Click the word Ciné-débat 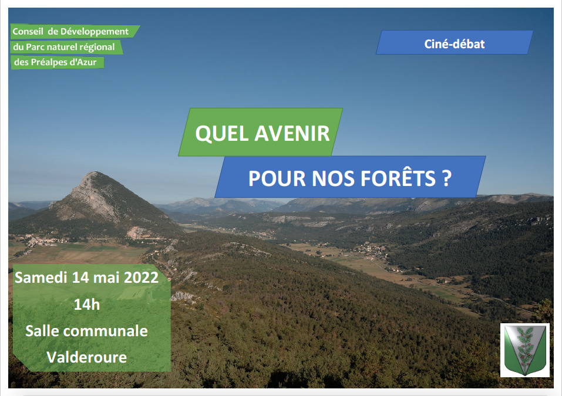pos(454,44)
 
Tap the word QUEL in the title pos(222,134)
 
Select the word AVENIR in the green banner pos(292,134)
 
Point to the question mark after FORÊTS pos(446,178)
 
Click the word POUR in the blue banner pos(277,178)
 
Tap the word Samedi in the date pos(41,277)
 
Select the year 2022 pos(141,277)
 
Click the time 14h pos(87,304)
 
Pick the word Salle pos(42,331)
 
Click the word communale pos(105,331)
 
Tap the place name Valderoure pos(87,357)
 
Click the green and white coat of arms pos(525,350)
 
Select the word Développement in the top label pos(95,32)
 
